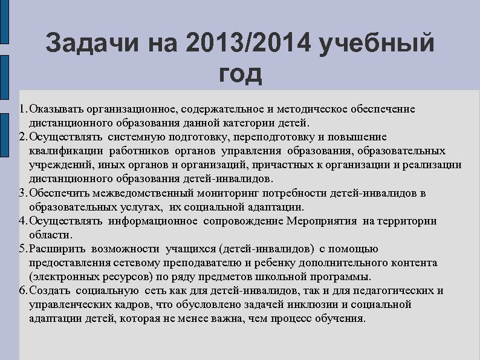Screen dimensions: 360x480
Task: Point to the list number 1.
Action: [x=22, y=109]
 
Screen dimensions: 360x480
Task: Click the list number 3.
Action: [x=22, y=194]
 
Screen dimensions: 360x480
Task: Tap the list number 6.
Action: [x=22, y=291]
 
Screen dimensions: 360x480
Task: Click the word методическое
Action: [x=314, y=109]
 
